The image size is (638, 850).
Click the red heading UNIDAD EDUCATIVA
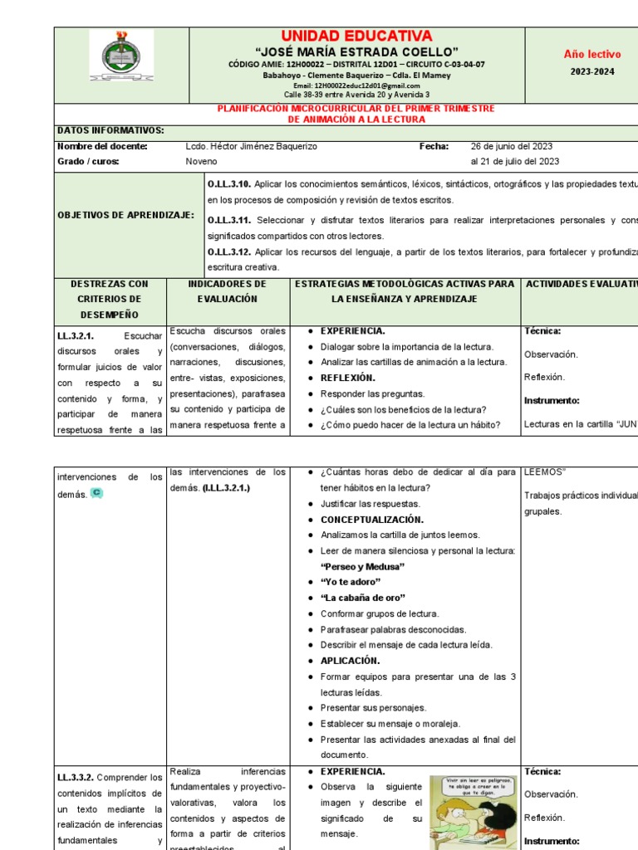[356, 36]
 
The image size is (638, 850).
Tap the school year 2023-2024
[592, 72]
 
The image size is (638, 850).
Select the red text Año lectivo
[592, 54]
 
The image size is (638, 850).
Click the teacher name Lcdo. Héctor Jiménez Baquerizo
[252, 146]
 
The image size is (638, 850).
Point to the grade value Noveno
[201, 161]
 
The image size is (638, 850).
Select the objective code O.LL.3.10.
[228, 184]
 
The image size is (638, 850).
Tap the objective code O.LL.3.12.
[228, 252]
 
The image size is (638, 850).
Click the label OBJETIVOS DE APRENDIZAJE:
[125, 215]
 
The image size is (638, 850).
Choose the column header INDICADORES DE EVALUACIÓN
[227, 291]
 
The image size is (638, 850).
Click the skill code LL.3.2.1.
[76, 336]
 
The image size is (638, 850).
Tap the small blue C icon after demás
[96, 493]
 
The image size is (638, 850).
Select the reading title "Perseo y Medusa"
[362, 566]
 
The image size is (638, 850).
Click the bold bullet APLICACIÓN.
[350, 661]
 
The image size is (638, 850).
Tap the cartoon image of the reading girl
[472, 812]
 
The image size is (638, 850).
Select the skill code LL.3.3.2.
[76, 778]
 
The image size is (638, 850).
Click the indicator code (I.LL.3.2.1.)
[226, 488]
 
